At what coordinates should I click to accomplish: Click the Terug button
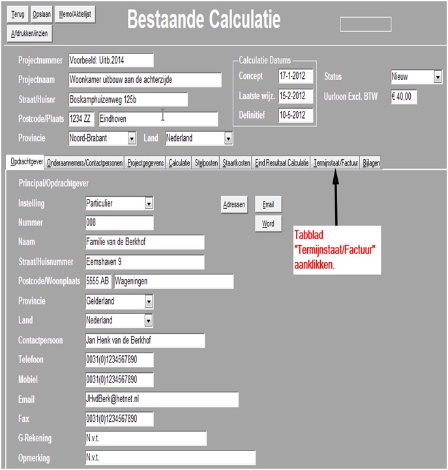[x=18, y=14]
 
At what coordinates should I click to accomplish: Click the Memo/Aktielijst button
[x=76, y=14]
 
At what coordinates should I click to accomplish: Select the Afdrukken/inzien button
[x=30, y=33]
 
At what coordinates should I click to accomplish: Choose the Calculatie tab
[x=179, y=163]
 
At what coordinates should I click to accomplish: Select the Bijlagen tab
[x=371, y=163]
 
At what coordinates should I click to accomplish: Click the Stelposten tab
[x=207, y=163]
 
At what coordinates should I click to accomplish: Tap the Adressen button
[x=234, y=205]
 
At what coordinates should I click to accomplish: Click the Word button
[x=268, y=224]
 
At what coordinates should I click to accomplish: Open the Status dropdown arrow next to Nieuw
[x=438, y=78]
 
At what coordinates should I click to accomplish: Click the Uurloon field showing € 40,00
[x=404, y=96]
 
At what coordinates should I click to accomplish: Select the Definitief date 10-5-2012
[x=295, y=115]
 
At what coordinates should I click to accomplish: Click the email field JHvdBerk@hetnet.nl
[x=162, y=399]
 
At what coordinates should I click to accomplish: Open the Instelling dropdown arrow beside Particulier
[x=149, y=203]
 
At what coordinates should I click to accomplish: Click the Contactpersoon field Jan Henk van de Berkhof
[x=145, y=340]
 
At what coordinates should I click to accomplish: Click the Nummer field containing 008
[x=119, y=223]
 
